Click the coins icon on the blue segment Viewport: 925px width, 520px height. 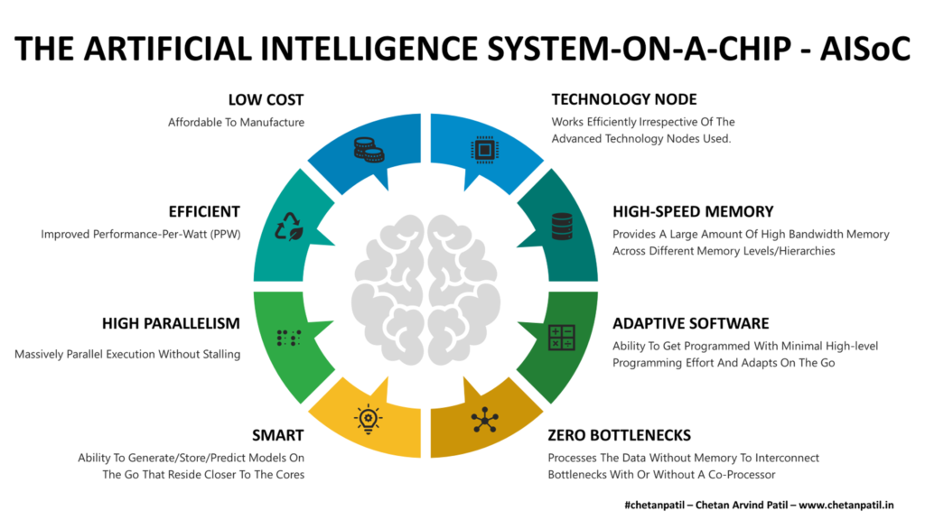click(x=369, y=149)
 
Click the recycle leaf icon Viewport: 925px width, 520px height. click(x=289, y=226)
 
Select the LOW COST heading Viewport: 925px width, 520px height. click(x=266, y=100)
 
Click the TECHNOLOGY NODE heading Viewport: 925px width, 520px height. click(x=624, y=100)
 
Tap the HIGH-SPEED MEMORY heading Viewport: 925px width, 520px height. click(x=693, y=212)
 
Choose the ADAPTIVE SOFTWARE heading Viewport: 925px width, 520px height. click(x=691, y=323)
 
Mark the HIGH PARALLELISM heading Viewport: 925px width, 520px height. click(x=171, y=323)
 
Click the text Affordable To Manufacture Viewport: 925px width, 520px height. click(x=236, y=122)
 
